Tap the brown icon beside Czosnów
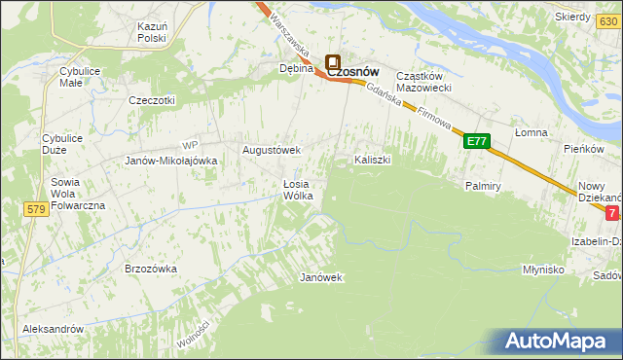click(x=332, y=62)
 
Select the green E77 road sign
click(x=476, y=142)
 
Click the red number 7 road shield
click(x=611, y=212)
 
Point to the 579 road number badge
click(x=37, y=209)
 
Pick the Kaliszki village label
click(x=372, y=160)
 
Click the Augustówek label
click(x=272, y=151)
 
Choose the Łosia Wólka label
click(x=296, y=190)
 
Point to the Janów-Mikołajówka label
click(x=170, y=162)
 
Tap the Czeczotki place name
click(x=152, y=100)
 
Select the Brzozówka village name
click(x=150, y=268)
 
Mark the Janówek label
click(x=321, y=277)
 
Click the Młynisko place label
click(x=543, y=270)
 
